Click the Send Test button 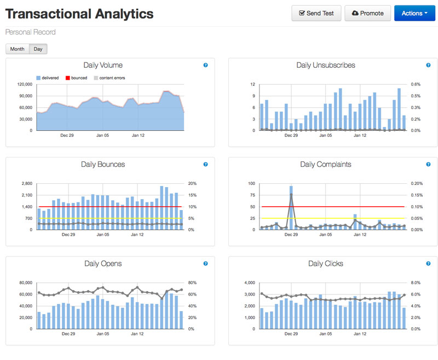coord(316,13)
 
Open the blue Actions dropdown coord(414,13)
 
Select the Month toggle coord(17,49)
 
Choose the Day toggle coord(38,49)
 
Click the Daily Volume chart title coord(103,65)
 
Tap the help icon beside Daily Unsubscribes coord(428,65)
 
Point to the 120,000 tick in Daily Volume coord(25,84)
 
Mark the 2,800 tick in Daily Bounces coord(27,184)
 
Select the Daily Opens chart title coord(103,264)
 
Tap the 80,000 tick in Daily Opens coord(25,283)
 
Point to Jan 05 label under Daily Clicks coord(325,333)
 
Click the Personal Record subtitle coord(30,32)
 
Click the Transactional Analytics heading coord(79,14)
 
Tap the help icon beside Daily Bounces coord(205,164)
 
